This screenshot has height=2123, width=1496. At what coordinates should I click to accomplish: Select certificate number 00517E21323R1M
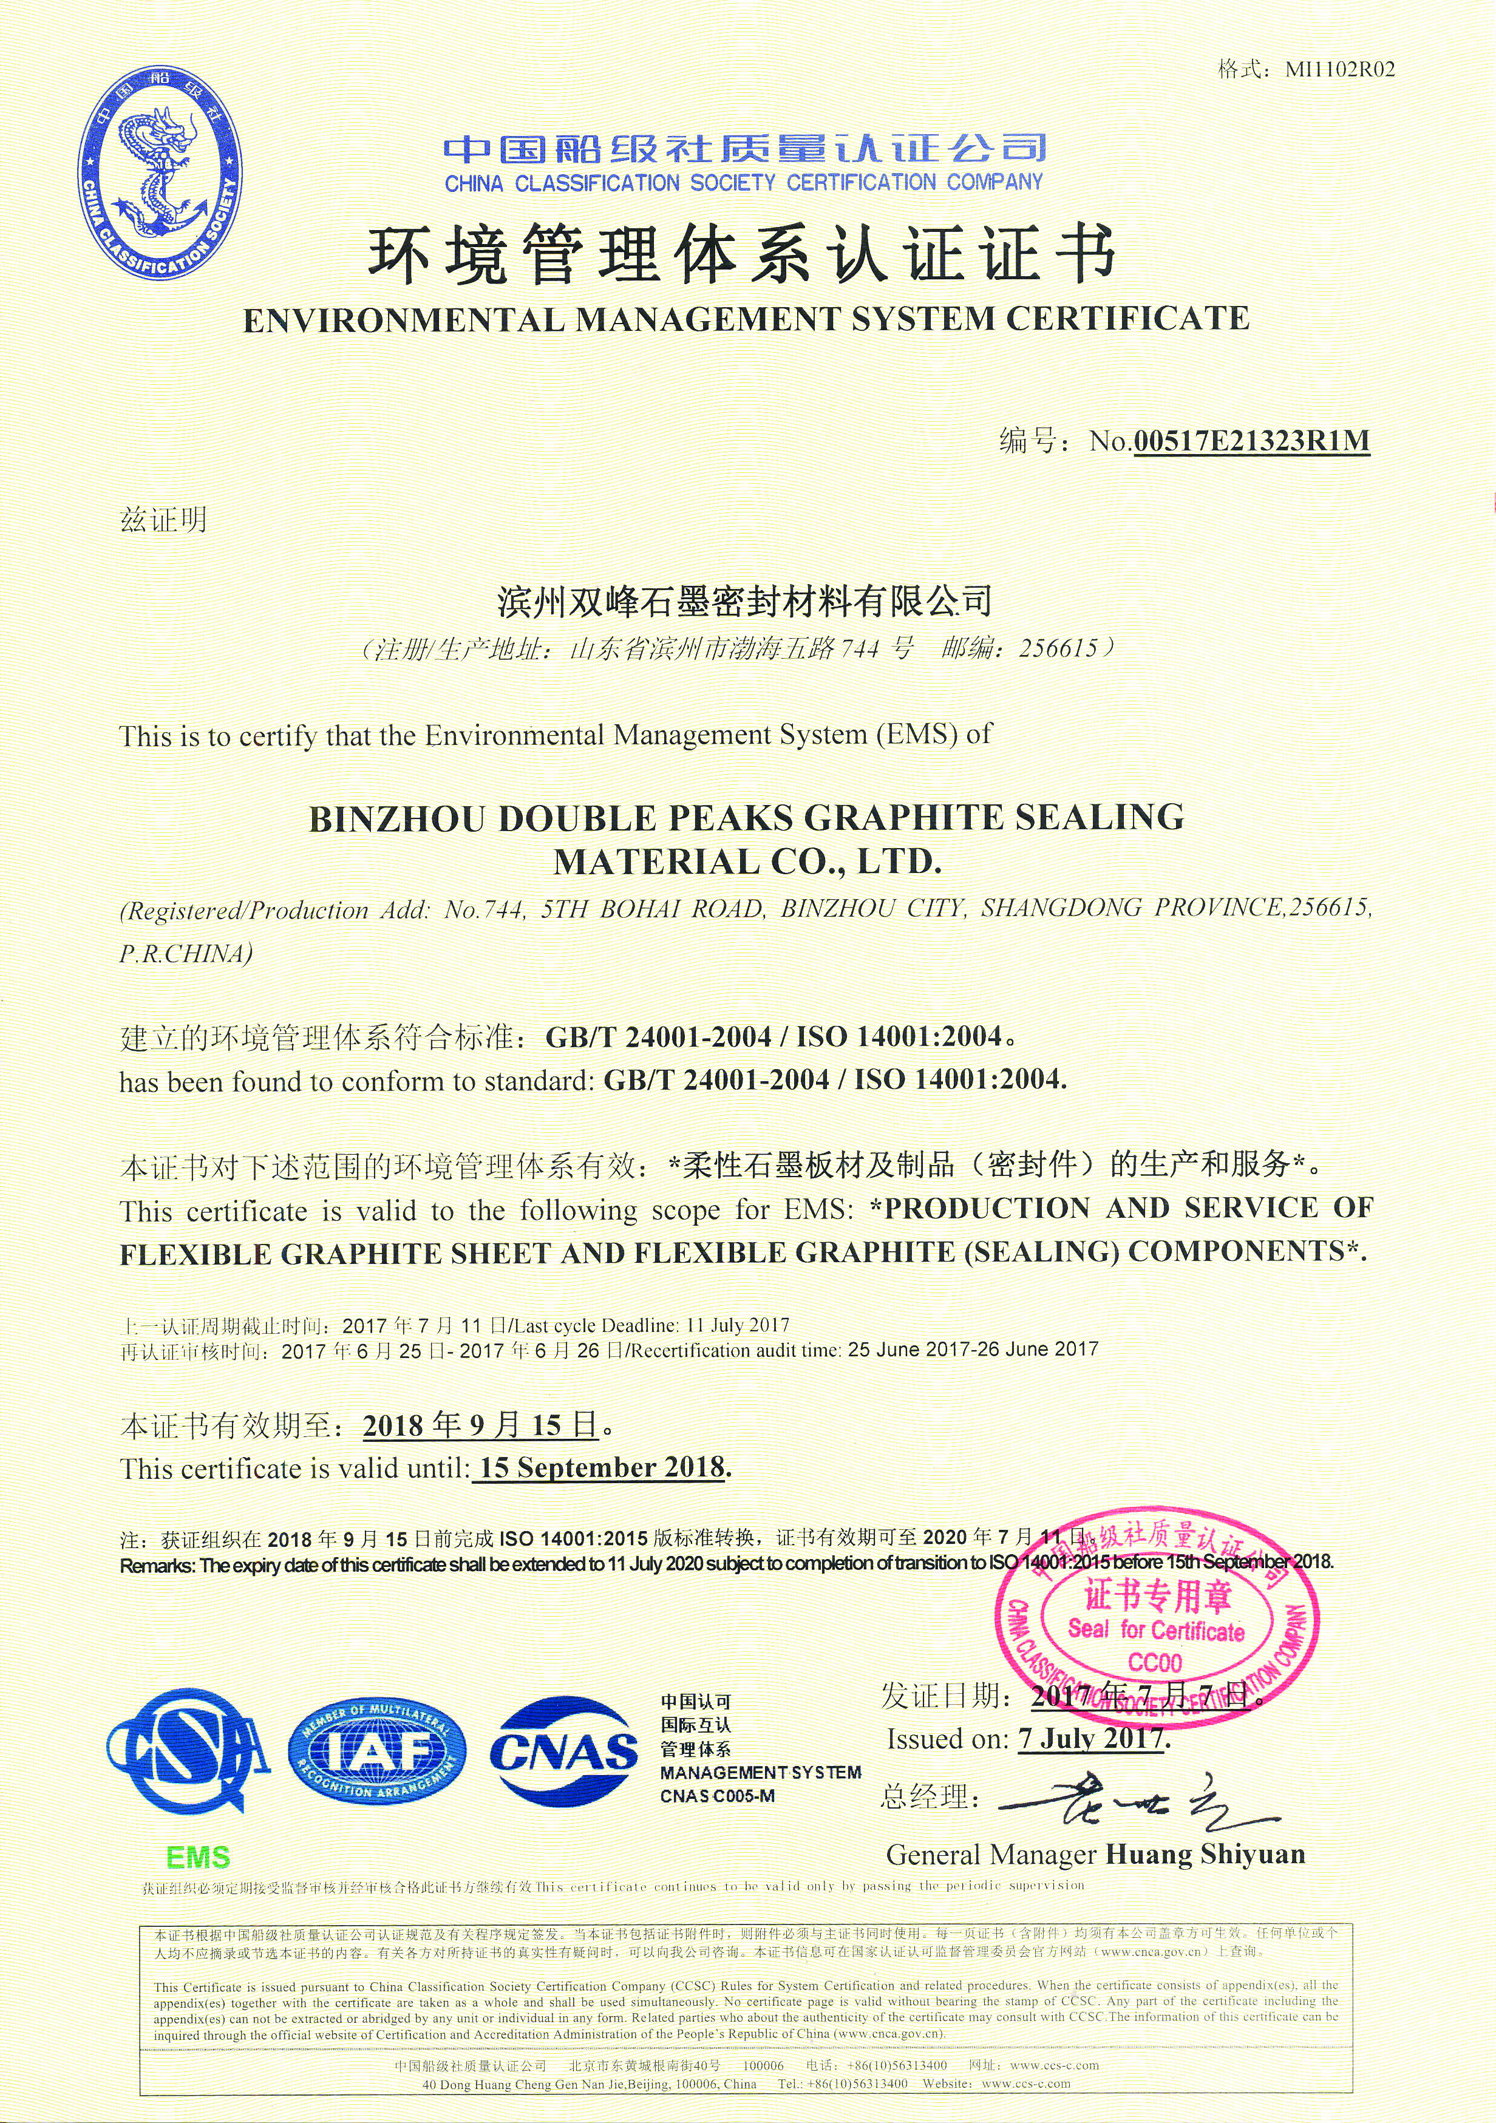(x=1250, y=441)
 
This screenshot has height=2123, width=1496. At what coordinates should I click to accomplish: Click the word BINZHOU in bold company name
(x=398, y=819)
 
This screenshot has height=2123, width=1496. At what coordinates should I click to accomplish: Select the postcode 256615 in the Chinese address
(x=1057, y=648)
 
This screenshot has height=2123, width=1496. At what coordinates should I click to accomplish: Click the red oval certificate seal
(x=1156, y=1621)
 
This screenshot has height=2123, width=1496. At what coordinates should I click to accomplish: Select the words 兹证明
(x=164, y=520)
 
